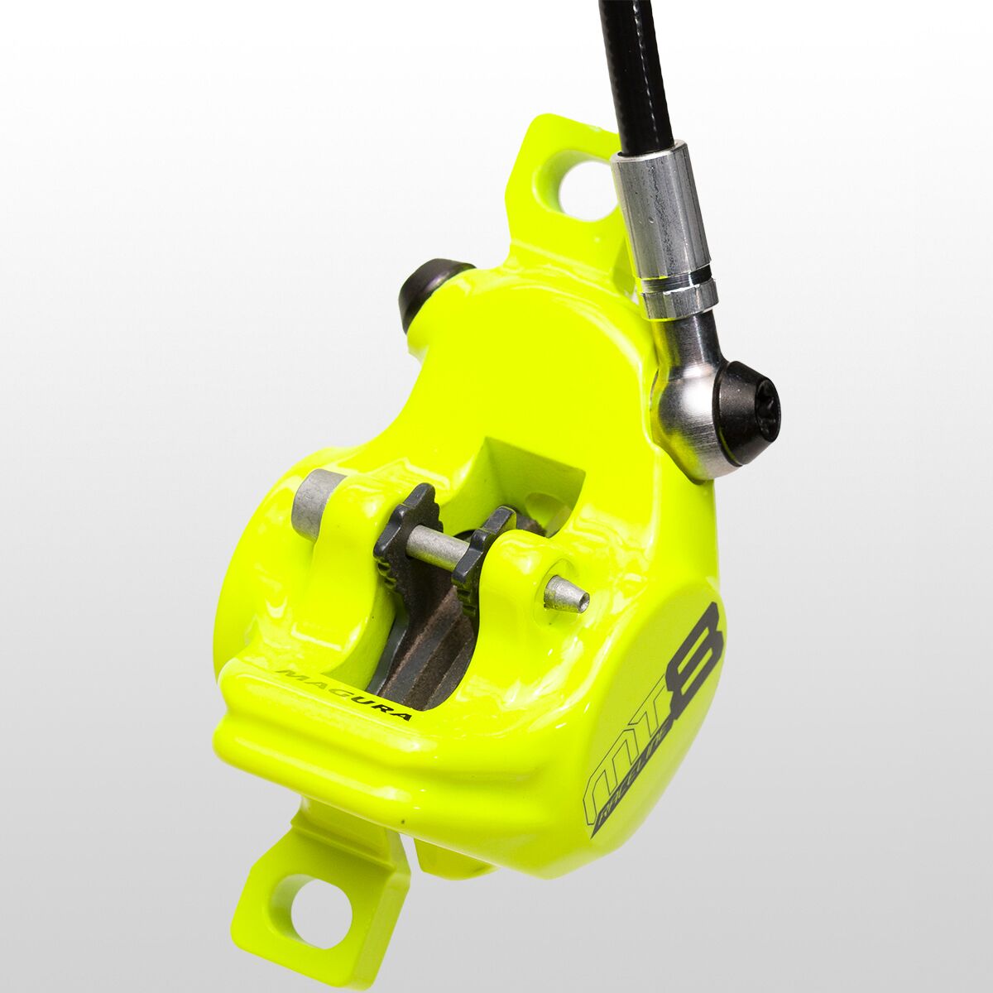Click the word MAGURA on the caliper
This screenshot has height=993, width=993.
click(343, 693)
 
